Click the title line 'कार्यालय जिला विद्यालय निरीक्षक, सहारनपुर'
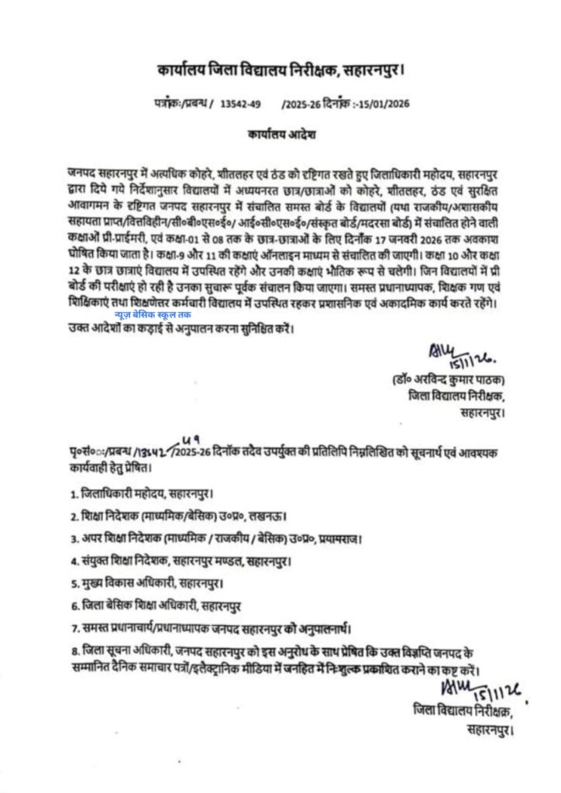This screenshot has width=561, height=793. click(x=280, y=73)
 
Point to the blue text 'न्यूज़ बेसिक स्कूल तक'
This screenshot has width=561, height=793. click(x=152, y=315)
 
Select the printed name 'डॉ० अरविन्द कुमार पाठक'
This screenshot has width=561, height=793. click(x=449, y=381)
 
